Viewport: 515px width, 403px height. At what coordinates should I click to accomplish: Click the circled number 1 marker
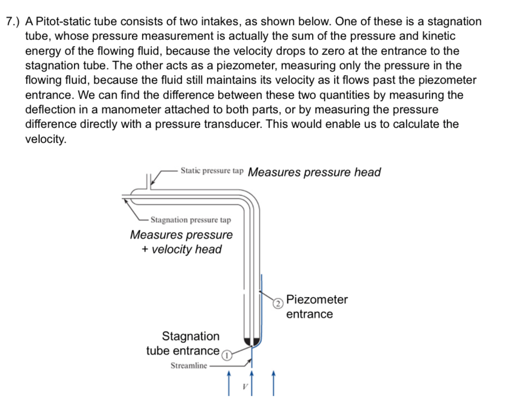(227, 355)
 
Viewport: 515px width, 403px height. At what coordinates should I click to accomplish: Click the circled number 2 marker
(278, 304)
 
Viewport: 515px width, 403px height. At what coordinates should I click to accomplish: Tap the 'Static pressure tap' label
(212, 171)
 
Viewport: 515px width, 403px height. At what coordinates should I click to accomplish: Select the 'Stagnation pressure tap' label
(190, 220)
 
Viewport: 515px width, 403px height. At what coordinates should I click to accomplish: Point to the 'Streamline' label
(189, 366)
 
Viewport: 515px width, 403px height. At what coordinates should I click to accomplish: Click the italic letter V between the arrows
(245, 387)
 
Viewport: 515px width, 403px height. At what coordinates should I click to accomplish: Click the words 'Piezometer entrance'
(317, 307)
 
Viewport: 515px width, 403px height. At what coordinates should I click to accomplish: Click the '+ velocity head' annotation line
(182, 249)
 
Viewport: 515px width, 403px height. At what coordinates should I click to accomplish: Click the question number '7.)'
(13, 21)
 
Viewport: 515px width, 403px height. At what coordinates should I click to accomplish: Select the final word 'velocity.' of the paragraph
(46, 139)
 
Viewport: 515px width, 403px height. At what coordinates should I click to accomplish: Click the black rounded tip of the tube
(252, 342)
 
